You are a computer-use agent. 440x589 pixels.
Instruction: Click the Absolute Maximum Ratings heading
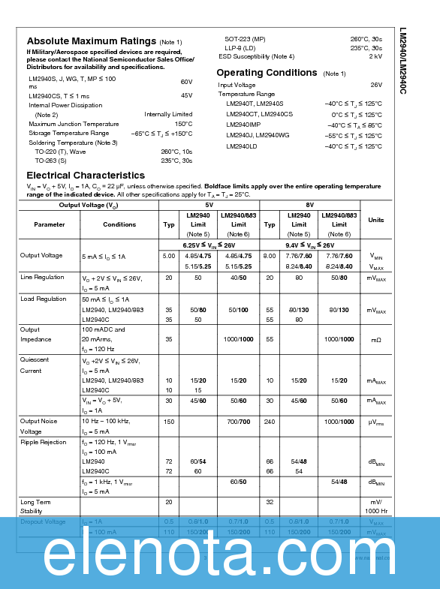[x=92, y=41]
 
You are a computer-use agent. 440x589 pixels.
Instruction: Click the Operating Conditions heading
[x=267, y=73]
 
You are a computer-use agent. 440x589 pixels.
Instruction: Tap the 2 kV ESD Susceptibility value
[x=375, y=56]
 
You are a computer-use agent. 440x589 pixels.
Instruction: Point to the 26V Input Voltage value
[x=376, y=85]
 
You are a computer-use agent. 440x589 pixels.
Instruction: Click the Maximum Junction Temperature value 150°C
[x=183, y=124]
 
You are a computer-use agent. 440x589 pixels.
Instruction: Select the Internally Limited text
[x=168, y=114]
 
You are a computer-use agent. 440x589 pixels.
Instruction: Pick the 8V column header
[x=309, y=205]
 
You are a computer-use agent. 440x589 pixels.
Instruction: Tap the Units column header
[x=376, y=220]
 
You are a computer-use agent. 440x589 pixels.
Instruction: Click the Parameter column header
[x=50, y=224]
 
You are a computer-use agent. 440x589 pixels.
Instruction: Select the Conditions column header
[x=119, y=224]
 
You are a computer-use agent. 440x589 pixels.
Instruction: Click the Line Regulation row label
[x=42, y=277]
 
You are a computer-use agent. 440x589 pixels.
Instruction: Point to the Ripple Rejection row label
[x=44, y=442]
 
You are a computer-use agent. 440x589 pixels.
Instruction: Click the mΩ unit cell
[x=376, y=340]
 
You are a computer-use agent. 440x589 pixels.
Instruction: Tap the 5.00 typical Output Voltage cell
[x=169, y=256]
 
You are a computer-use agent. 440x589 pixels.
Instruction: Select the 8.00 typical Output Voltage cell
[x=270, y=256]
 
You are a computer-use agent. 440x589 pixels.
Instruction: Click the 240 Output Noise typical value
[x=270, y=422]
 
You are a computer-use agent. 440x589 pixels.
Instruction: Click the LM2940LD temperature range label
[x=242, y=146]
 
